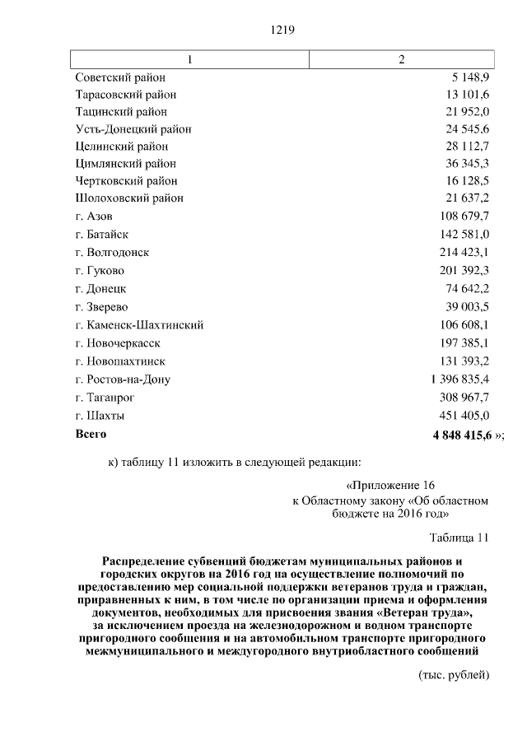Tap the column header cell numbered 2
tap(401, 59)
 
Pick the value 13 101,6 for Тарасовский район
tap(468, 95)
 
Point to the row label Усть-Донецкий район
tap(133, 129)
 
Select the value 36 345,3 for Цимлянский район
tap(468, 164)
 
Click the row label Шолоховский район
tap(129, 198)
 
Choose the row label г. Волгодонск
tap(112, 252)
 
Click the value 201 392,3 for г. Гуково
tap(464, 270)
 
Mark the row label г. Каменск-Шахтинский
tap(139, 324)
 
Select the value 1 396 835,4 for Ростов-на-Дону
tap(459, 379)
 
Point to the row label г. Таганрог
tap(105, 398)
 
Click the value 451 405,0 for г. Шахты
tap(464, 415)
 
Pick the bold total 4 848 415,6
tap(460, 434)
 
